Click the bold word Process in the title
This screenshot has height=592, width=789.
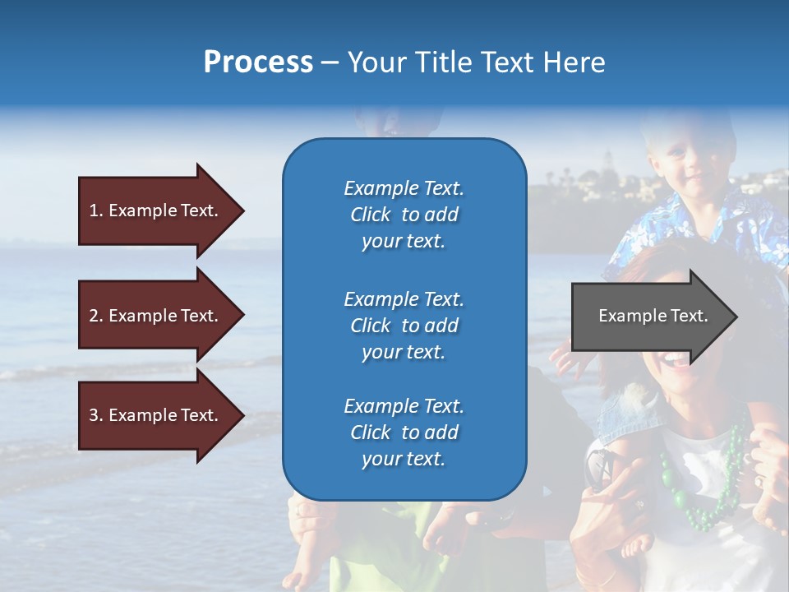pos(258,62)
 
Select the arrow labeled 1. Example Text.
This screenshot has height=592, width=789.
pos(156,210)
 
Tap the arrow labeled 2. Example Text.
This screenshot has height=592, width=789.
pos(156,316)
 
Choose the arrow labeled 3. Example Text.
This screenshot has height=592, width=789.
pos(156,415)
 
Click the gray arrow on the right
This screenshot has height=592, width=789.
pos(649,317)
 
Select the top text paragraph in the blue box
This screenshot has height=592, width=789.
pos(404,215)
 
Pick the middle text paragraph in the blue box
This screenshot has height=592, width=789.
pos(404,325)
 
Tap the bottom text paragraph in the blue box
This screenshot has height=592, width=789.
pos(404,432)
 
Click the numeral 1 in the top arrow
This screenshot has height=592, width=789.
pos(94,210)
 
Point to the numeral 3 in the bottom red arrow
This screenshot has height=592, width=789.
pos(94,415)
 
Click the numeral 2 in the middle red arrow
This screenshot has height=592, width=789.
pos(94,316)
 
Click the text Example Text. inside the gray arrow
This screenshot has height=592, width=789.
pos(653,316)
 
